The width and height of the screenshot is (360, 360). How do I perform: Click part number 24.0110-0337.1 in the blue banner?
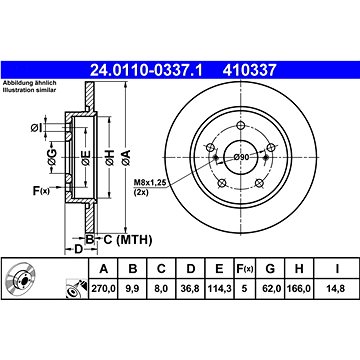coord(146,70)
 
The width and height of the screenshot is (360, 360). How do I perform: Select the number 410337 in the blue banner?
coord(250,70)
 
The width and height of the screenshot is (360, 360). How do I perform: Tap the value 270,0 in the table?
coord(104,288)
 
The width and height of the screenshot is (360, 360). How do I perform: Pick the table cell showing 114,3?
coord(219,288)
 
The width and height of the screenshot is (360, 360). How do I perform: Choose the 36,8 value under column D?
coord(191,288)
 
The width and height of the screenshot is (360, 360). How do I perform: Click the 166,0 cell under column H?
coord(299,288)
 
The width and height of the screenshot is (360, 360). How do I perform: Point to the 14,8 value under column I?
coord(337,288)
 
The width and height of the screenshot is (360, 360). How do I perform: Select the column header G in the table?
coord(270,269)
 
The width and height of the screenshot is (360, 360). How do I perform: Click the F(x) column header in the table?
coord(244,269)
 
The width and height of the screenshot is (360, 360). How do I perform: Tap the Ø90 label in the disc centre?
coord(241,157)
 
